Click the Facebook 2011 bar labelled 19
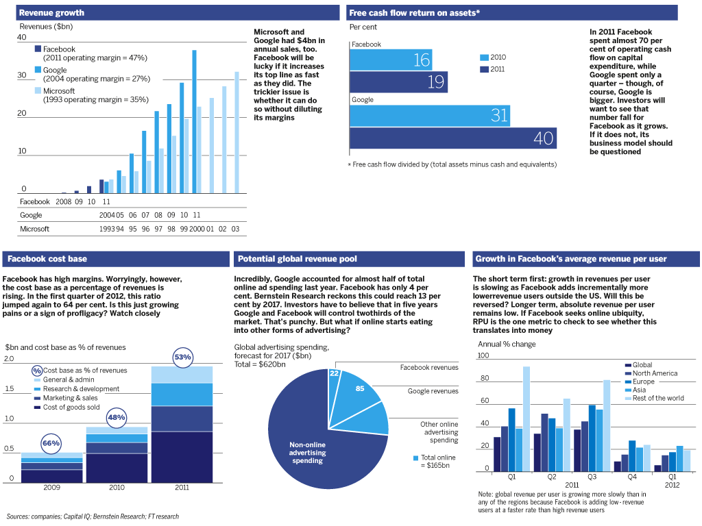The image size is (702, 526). pyautogui.click(x=398, y=82)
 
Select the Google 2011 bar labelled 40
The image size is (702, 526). pyautogui.click(x=453, y=138)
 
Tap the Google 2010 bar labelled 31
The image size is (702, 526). pyautogui.click(x=430, y=116)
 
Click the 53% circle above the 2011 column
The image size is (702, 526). pyautogui.click(x=182, y=358)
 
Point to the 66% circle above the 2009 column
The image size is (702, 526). pyautogui.click(x=51, y=443)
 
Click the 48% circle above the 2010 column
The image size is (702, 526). pyautogui.click(x=117, y=417)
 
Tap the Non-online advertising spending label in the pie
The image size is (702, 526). pyautogui.click(x=308, y=453)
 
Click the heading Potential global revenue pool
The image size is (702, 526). pyautogui.click(x=298, y=259)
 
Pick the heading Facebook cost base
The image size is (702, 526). pyautogui.click(x=47, y=259)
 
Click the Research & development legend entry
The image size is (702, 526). pyautogui.click(x=77, y=389)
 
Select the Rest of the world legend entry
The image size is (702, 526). pyautogui.click(x=655, y=398)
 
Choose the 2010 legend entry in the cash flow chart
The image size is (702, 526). pyautogui.click(x=493, y=58)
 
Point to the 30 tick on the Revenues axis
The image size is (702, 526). pyautogui.click(x=22, y=75)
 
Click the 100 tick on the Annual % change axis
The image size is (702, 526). pyautogui.click(x=483, y=355)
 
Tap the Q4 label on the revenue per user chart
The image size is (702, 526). pyautogui.click(x=631, y=477)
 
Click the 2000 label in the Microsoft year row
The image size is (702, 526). pyautogui.click(x=197, y=229)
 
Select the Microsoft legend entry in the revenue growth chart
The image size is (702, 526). pyautogui.click(x=92, y=95)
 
